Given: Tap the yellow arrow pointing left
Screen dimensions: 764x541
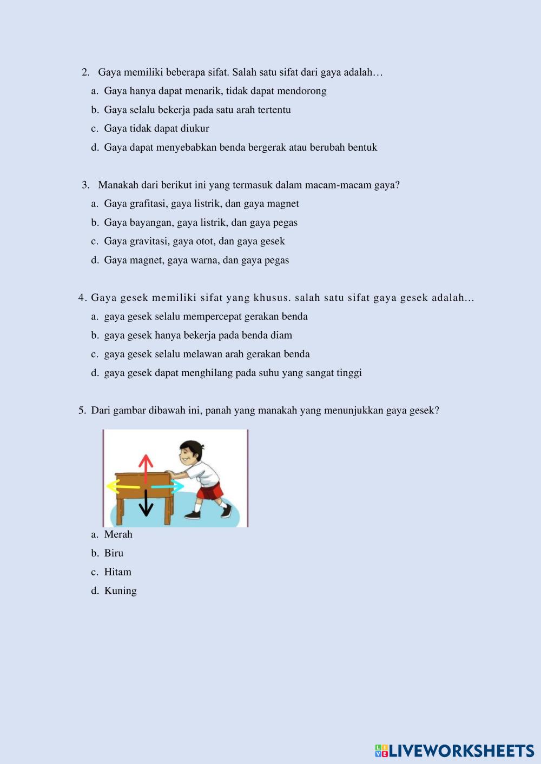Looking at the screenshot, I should pyautogui.click(x=122, y=486).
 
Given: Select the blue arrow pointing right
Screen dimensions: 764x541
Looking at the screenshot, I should pyautogui.click(x=168, y=487).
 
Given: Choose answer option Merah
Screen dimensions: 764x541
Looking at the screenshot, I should pyautogui.click(x=118, y=534).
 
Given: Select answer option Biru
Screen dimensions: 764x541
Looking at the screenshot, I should pyautogui.click(x=114, y=553).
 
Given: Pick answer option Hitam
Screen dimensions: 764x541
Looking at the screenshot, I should pyautogui.click(x=117, y=572).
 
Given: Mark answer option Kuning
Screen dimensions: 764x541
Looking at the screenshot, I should pyautogui.click(x=120, y=591).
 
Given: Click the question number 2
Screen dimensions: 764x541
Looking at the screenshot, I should pyautogui.click(x=85, y=72).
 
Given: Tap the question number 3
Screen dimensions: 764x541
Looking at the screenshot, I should pyautogui.click(x=85, y=185).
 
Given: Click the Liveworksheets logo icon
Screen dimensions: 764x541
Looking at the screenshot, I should pyautogui.click(x=381, y=750).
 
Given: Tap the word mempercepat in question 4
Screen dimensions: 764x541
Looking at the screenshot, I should pyautogui.click(x=210, y=317).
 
